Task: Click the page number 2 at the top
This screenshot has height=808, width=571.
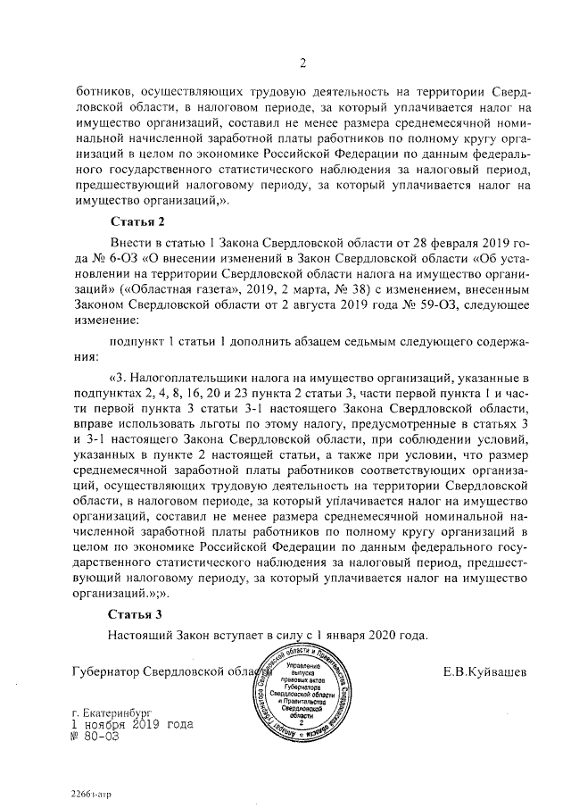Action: point(303,62)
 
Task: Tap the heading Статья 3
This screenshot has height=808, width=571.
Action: point(137,614)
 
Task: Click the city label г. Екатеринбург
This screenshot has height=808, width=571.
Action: point(116,715)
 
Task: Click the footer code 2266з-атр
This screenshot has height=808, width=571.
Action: point(93,793)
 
